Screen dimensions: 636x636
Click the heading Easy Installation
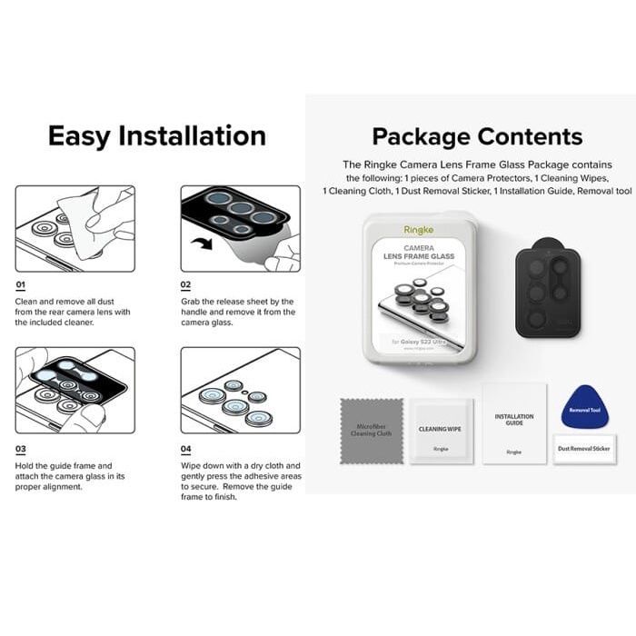pyautogui.click(x=156, y=136)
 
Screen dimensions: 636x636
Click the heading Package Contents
pyautogui.click(x=477, y=137)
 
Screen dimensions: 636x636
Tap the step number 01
pyautogui.click(x=21, y=285)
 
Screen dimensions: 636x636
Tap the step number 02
pyautogui.click(x=186, y=285)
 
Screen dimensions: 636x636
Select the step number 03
pyautogui.click(x=21, y=449)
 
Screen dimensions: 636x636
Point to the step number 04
pyautogui.click(x=186, y=449)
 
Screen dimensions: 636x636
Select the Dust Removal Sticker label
pyautogui.click(x=583, y=449)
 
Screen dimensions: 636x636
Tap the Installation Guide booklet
pyautogui.click(x=514, y=423)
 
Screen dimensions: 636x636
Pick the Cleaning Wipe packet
pyautogui.click(x=441, y=431)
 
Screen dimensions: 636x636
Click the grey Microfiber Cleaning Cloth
pyautogui.click(x=371, y=430)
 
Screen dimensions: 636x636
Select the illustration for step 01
pyautogui.click(x=75, y=228)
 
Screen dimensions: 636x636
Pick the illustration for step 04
pyautogui.click(x=240, y=390)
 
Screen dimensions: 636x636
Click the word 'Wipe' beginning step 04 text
pyautogui.click(x=191, y=465)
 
